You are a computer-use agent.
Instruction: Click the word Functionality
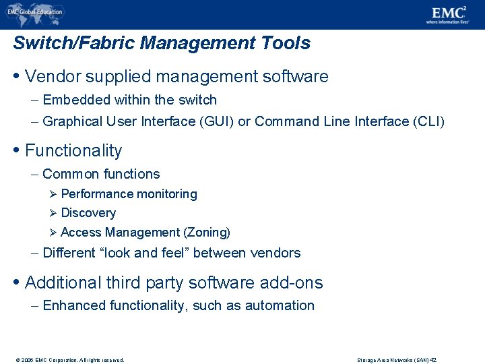pyautogui.click(x=73, y=150)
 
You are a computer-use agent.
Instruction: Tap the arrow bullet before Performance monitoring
pyautogui.click(x=54, y=194)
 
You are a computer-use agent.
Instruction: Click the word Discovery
pyautogui.click(x=88, y=213)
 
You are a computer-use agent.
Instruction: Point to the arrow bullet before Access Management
pyautogui.click(x=54, y=233)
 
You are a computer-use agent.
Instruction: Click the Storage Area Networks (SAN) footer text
pyautogui.click(x=397, y=360)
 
